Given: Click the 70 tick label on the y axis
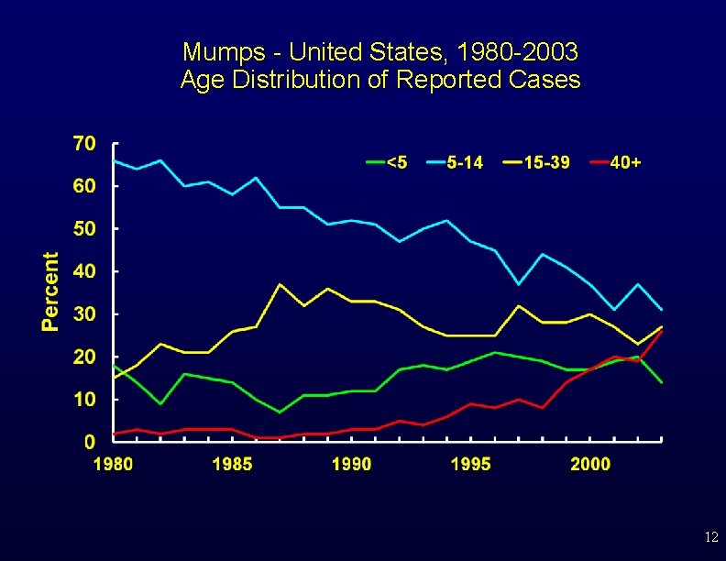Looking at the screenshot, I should pos(84,143).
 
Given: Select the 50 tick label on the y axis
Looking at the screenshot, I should pos(84,228).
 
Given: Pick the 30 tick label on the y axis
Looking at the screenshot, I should pos(84,313).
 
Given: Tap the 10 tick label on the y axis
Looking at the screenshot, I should pos(84,399).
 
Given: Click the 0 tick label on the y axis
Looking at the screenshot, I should pos(90,442).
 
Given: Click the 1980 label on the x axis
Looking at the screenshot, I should pos(113,464).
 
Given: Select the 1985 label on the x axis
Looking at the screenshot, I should pos(232,464).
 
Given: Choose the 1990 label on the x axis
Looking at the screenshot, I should pos(352,464).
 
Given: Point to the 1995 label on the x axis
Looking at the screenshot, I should pos(471,464).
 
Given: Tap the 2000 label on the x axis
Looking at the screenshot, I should pos(590,464).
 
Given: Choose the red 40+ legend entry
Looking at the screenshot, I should pos(615,162).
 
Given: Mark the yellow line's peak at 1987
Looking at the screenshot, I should pos(280,284).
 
